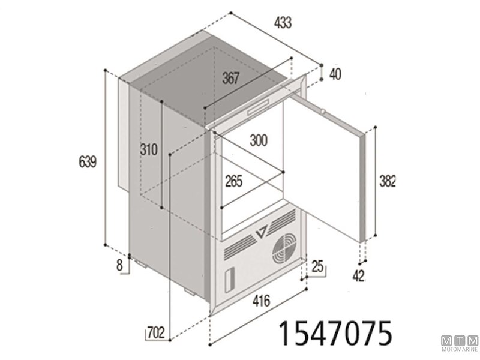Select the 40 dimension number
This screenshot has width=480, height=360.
[x=335, y=74]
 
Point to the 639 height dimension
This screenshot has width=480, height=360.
[x=88, y=161]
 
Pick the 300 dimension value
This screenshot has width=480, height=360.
[x=258, y=141]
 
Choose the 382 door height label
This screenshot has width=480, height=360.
[x=389, y=180]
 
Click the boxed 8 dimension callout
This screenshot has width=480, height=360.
[x=120, y=263]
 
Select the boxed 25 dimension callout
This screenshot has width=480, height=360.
[x=318, y=265]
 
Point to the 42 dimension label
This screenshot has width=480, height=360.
[x=359, y=276]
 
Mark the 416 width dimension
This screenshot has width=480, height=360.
[x=260, y=300]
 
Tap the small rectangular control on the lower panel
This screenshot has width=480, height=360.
[x=229, y=280]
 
